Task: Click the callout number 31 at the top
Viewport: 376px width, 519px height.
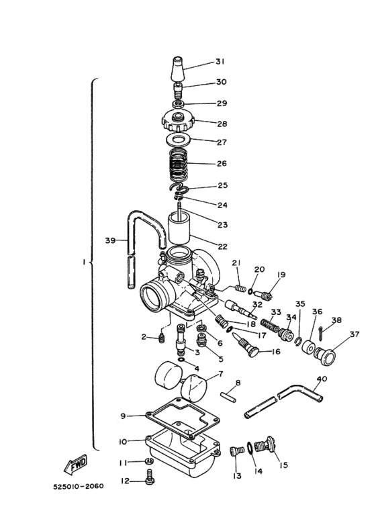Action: [x=220, y=62]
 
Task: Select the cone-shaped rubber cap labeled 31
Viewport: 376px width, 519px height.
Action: [x=177, y=67]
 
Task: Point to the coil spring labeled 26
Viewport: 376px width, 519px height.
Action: [x=178, y=164]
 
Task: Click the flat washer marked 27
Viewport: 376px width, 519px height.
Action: [x=178, y=141]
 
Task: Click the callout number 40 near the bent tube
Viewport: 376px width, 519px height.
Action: [x=322, y=379]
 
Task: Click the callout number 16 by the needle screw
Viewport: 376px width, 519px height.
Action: [x=275, y=351]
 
